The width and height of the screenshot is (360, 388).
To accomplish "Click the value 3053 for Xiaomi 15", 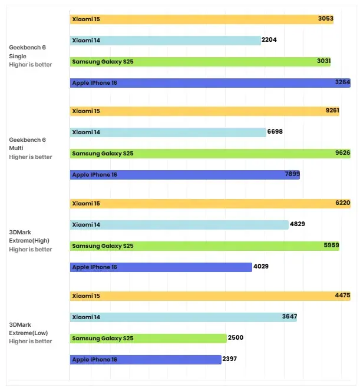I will [x=325, y=19].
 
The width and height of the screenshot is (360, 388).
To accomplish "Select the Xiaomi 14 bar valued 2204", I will [x=165, y=40].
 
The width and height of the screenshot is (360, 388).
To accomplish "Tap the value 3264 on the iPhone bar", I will [x=342, y=83].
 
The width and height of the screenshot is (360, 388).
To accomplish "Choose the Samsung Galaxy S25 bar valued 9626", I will [x=210, y=154].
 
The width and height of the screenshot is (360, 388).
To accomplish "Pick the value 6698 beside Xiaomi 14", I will [x=275, y=132].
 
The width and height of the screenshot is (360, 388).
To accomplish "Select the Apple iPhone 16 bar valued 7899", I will [x=184, y=175].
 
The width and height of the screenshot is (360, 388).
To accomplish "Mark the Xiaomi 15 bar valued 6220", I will [x=210, y=203].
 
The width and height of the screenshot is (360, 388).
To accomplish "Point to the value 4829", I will [x=297, y=224].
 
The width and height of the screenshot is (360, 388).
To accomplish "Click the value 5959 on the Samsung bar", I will [x=331, y=246].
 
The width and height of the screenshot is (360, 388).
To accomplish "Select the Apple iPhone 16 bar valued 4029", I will [x=160, y=267].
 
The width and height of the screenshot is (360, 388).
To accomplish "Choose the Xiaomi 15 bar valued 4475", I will [x=210, y=296].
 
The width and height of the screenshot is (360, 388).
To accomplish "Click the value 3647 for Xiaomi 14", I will [x=289, y=317].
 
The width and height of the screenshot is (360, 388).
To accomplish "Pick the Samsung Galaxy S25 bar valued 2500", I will [x=148, y=338].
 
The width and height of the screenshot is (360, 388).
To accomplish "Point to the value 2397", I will [x=230, y=359].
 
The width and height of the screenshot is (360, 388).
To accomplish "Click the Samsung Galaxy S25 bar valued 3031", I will [x=200, y=61].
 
